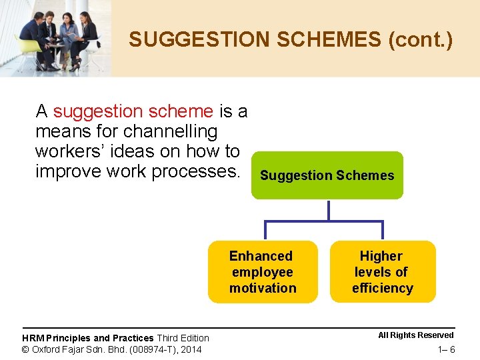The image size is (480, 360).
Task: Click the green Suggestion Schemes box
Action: [327, 175]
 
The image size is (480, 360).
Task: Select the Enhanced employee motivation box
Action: [263, 272]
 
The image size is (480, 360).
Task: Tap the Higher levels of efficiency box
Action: [382, 272]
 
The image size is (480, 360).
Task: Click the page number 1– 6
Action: [446, 350]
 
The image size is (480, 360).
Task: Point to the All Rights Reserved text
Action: [415, 335]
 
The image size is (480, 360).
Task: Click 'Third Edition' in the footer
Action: [183, 339]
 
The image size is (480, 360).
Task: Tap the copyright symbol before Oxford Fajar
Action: [25, 349]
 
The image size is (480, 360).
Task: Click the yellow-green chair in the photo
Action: [28, 50]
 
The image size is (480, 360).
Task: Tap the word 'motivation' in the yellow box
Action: [263, 288]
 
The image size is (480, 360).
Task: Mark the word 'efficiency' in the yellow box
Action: [382, 288]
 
